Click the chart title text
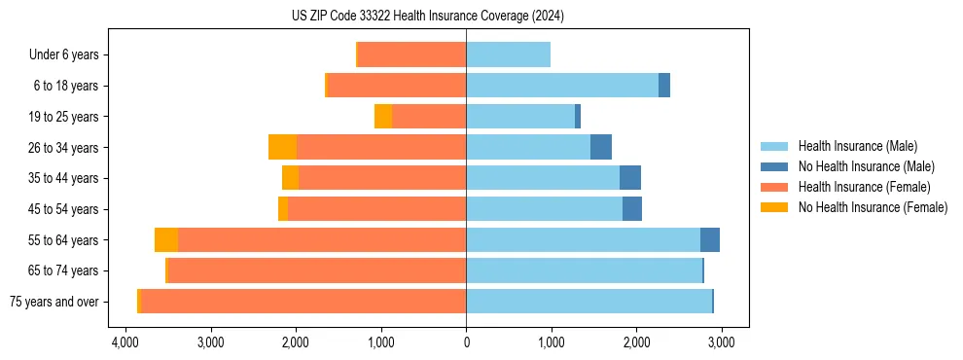427,17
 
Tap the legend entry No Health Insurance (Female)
872,207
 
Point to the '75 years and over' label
54,302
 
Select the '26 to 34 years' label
64,148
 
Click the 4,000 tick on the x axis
125,342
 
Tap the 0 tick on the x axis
466,342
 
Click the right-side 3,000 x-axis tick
721,342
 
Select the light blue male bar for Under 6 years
508,55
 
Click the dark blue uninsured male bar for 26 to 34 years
601,147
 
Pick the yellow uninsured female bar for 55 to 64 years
166,239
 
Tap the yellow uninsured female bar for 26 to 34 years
282,147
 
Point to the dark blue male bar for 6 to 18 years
664,86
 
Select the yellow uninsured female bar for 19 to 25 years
383,117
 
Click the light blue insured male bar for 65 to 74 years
584,270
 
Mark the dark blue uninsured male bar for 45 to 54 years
632,209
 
